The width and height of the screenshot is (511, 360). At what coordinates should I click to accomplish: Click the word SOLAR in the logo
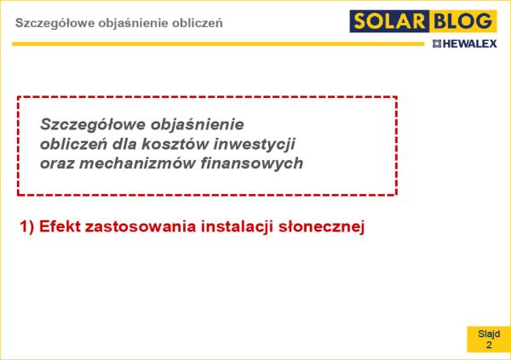pyautogui.click(x=389, y=21)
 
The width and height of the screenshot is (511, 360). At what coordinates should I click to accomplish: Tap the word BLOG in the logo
pyautogui.click(x=462, y=21)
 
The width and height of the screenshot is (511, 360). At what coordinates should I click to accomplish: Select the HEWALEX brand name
pyautogui.click(x=469, y=43)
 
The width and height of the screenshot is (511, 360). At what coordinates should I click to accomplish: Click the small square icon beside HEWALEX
pyautogui.click(x=437, y=43)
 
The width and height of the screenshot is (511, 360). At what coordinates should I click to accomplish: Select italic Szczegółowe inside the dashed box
pyautogui.click(x=92, y=125)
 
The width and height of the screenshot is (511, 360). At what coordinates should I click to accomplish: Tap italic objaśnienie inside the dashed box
pyautogui.click(x=198, y=125)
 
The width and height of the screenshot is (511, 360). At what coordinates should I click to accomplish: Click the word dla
pyautogui.click(x=124, y=144)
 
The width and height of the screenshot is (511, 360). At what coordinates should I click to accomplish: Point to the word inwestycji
pyautogui.click(x=254, y=145)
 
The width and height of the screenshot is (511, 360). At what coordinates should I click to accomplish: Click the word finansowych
pyautogui.click(x=251, y=163)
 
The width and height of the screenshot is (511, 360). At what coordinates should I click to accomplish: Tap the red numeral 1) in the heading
pyautogui.click(x=27, y=226)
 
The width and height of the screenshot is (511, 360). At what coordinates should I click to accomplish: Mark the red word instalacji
pyautogui.click(x=237, y=226)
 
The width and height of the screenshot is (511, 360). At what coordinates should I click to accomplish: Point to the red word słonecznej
pyautogui.click(x=321, y=226)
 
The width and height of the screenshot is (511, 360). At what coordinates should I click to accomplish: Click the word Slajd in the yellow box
pyautogui.click(x=489, y=334)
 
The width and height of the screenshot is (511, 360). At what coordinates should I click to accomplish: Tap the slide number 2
pyautogui.click(x=489, y=345)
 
